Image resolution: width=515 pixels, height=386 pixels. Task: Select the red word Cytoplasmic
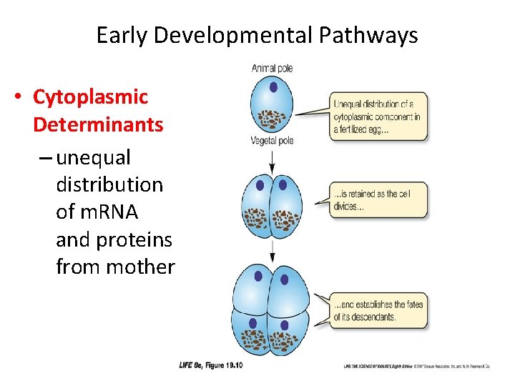tap(90, 96)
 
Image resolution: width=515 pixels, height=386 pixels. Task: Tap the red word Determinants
tap(98, 124)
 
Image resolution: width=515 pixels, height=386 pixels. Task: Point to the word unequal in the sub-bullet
tap(93, 157)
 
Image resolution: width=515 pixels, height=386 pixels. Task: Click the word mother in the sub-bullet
tap(139, 267)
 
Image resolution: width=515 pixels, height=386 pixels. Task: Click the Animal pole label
tap(272, 69)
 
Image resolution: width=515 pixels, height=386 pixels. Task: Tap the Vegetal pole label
tap(272, 141)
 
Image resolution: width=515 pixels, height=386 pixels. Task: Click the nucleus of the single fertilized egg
tap(273, 88)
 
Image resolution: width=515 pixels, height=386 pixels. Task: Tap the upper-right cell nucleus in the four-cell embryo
tap(285, 279)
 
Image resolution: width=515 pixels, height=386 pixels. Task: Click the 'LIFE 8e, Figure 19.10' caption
tap(211, 365)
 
